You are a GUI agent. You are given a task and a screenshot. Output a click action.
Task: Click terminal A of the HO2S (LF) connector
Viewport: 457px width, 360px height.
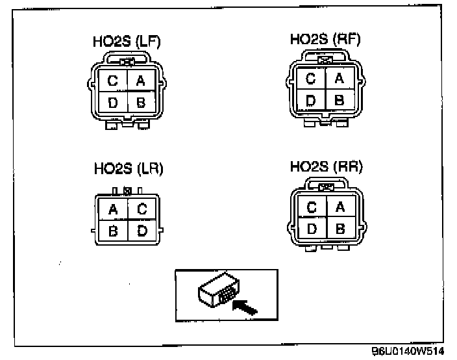[140, 81]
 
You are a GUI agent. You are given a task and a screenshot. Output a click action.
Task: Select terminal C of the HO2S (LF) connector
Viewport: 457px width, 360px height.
[112, 81]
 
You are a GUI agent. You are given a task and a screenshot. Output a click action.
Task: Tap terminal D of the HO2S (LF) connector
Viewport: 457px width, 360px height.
[112, 102]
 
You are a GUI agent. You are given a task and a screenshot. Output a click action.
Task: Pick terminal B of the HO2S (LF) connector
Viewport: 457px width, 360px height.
[140, 102]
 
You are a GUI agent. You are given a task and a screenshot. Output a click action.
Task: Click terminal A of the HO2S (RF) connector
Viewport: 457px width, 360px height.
[338, 79]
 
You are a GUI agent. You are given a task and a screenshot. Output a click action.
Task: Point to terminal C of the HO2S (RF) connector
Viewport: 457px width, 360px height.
[311, 79]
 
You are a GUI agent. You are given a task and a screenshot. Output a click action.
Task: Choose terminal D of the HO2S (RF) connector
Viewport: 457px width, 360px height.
[311, 100]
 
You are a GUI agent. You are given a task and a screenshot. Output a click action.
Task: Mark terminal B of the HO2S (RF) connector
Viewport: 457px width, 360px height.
[338, 100]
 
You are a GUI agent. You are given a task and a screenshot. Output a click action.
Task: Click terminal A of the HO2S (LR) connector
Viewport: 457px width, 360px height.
[113, 209]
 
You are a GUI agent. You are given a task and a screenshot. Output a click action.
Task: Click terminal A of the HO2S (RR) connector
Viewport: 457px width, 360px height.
[338, 207]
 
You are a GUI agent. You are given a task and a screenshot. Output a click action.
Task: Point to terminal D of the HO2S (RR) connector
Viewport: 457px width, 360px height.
[312, 228]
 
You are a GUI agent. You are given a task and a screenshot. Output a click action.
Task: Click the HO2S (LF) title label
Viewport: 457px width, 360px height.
[126, 42]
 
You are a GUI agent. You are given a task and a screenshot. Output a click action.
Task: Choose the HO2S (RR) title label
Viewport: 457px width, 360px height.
[326, 167]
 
